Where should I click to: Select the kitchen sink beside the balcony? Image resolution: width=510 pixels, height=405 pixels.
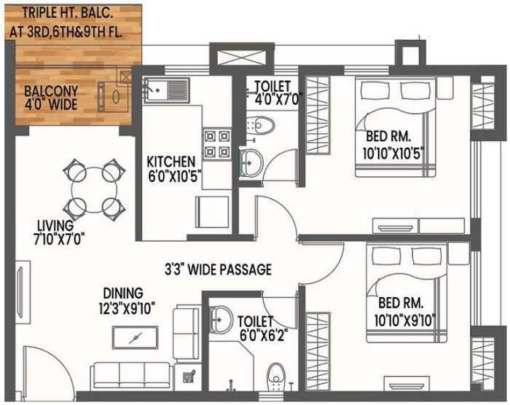pos(166,93)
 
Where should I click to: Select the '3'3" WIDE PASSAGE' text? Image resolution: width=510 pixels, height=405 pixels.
pos(216,270)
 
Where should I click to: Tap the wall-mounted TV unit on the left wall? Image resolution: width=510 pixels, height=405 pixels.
pos(19,291)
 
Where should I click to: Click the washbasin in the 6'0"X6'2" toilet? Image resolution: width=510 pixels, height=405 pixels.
pos(222,318)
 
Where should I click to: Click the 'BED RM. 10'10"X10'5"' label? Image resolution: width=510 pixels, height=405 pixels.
pos(398,145)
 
